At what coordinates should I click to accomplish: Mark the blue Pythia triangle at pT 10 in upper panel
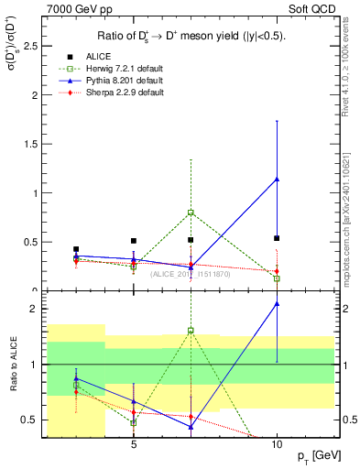(x=277, y=179)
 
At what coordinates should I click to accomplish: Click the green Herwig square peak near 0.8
(x=191, y=213)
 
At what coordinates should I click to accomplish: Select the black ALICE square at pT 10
(x=277, y=238)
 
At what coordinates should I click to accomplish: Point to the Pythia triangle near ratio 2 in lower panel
(x=277, y=303)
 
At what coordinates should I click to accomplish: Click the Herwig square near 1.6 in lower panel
(x=191, y=331)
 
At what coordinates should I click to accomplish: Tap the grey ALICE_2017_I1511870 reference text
(x=191, y=274)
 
